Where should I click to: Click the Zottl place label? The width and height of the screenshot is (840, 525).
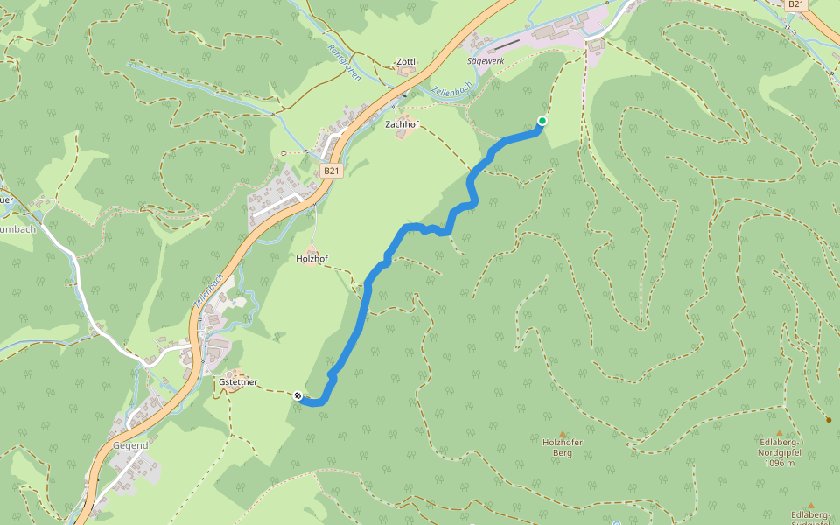point(406,62)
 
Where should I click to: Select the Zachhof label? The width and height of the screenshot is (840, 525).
point(402,125)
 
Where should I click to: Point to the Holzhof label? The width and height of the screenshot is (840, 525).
point(311,259)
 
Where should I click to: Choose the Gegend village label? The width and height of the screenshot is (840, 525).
point(129,445)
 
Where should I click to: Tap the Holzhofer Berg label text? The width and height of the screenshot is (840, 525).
point(563,447)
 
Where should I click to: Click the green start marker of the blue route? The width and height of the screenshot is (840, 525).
point(542,121)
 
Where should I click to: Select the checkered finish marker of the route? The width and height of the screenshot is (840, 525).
point(299,396)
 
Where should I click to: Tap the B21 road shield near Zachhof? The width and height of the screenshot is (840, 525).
point(330,171)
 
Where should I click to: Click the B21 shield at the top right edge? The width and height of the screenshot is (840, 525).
point(794,4)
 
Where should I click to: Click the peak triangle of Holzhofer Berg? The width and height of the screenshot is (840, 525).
point(563,433)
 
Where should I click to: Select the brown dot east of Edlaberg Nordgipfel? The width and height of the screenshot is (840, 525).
point(828,420)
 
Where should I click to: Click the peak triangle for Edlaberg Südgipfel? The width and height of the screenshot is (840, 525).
point(811,506)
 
